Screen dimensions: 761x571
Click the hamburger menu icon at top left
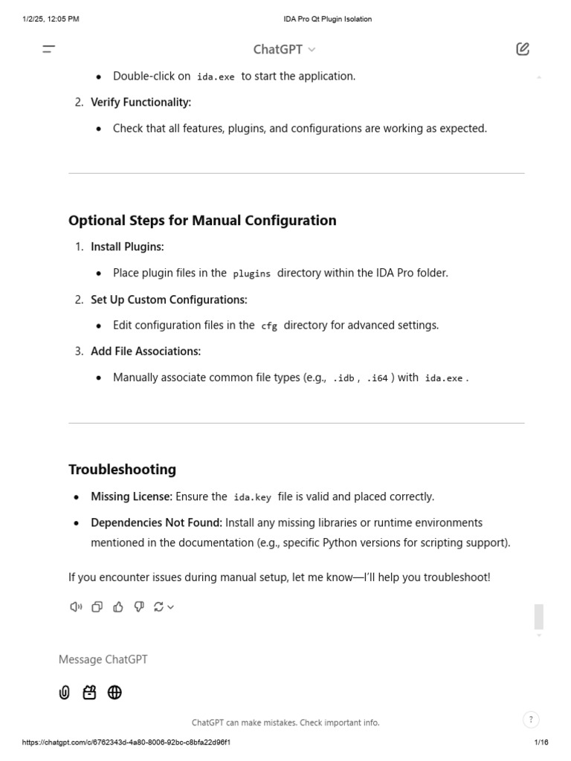click(x=49, y=50)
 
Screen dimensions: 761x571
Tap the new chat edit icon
click(x=523, y=49)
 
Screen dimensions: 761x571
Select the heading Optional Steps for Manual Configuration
click(x=202, y=220)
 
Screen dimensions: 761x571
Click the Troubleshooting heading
click(x=122, y=469)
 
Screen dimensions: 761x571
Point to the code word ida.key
click(x=252, y=497)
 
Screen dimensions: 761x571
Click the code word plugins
click(x=251, y=273)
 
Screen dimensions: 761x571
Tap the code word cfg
click(x=269, y=326)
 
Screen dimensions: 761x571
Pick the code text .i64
click(x=378, y=378)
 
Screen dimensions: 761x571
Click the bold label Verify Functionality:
click(x=141, y=102)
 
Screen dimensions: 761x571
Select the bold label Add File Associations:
click(x=146, y=351)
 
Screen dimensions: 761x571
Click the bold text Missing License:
click(x=132, y=496)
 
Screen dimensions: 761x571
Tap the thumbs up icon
click(x=118, y=607)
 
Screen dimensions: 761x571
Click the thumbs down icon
click(x=139, y=607)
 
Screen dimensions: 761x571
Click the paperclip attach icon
click(x=65, y=693)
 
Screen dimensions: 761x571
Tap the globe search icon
click(x=114, y=693)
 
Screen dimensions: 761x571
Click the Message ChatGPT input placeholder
click(x=103, y=659)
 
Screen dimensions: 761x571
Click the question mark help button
click(x=531, y=719)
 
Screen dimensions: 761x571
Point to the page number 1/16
click(x=541, y=742)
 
